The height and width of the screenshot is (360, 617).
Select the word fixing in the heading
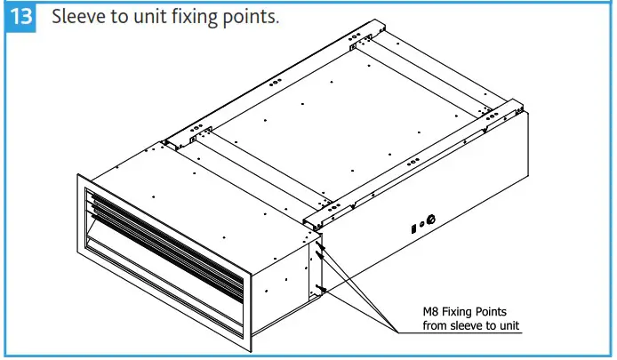click(190, 18)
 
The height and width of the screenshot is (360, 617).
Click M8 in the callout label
click(431, 311)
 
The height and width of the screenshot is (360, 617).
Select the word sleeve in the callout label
click(457, 325)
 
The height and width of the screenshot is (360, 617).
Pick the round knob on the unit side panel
click(432, 219)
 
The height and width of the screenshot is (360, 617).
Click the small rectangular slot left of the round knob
click(413, 226)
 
